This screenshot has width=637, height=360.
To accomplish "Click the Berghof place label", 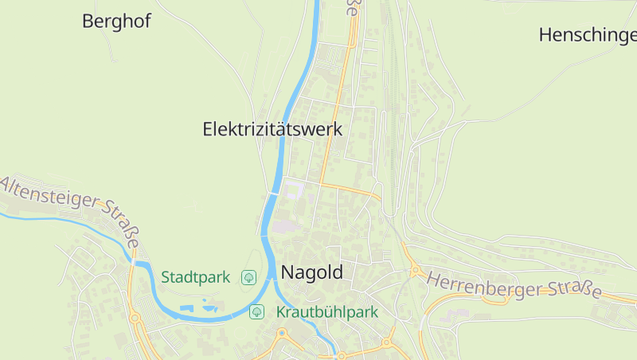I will [116, 22].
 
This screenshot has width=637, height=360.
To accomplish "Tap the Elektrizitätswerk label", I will [272, 129].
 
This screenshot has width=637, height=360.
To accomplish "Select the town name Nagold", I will [313, 272].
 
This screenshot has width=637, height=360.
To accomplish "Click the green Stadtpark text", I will [196, 277].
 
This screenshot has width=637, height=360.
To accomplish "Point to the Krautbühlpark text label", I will [326, 312].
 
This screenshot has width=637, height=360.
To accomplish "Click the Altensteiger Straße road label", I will [72, 209].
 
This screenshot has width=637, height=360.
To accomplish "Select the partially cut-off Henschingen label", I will [588, 35].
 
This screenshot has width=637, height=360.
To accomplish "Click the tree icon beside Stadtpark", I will [248, 277].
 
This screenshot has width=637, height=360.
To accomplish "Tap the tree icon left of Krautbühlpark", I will [256, 311].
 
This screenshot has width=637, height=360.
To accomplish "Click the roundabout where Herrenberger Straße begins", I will [415, 271].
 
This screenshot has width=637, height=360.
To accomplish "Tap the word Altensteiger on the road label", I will [53, 196].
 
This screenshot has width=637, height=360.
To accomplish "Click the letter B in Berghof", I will [89, 22].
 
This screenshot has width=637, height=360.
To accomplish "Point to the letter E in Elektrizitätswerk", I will [209, 129].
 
